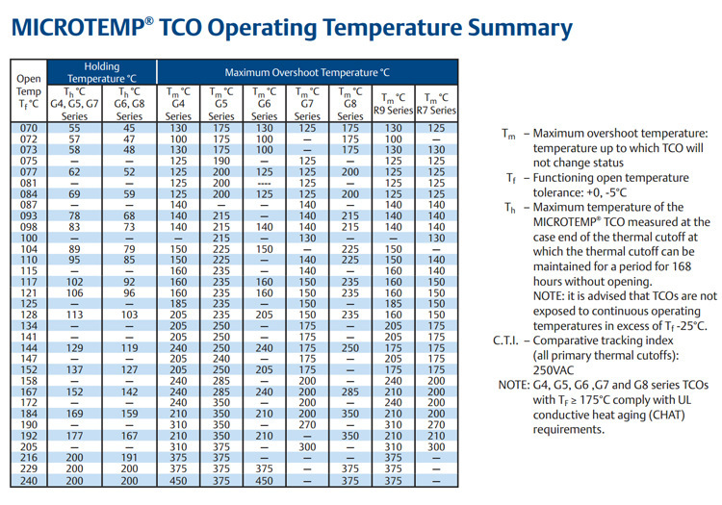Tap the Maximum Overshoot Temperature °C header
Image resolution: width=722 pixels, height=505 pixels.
click(x=307, y=72)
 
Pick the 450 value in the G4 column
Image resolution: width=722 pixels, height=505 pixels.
click(x=178, y=481)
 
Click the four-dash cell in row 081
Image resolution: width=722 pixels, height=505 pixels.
click(x=265, y=182)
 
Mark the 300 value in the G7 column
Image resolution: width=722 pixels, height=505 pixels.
click(x=308, y=447)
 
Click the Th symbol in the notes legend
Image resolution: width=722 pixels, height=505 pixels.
click(x=511, y=208)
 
